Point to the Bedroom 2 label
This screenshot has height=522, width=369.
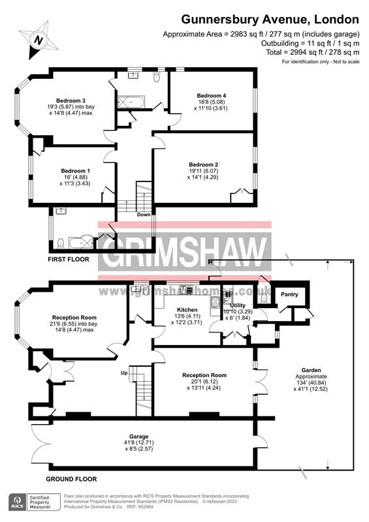tap(203, 164)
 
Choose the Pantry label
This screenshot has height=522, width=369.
tap(289, 294)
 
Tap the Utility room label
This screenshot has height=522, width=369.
tap(239, 305)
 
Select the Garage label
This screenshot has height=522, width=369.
tap(138, 436)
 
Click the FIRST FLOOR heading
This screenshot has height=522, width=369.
tap(69, 260)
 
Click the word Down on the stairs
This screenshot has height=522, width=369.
tap(144, 215)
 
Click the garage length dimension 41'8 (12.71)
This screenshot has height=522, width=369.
tap(138, 443)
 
